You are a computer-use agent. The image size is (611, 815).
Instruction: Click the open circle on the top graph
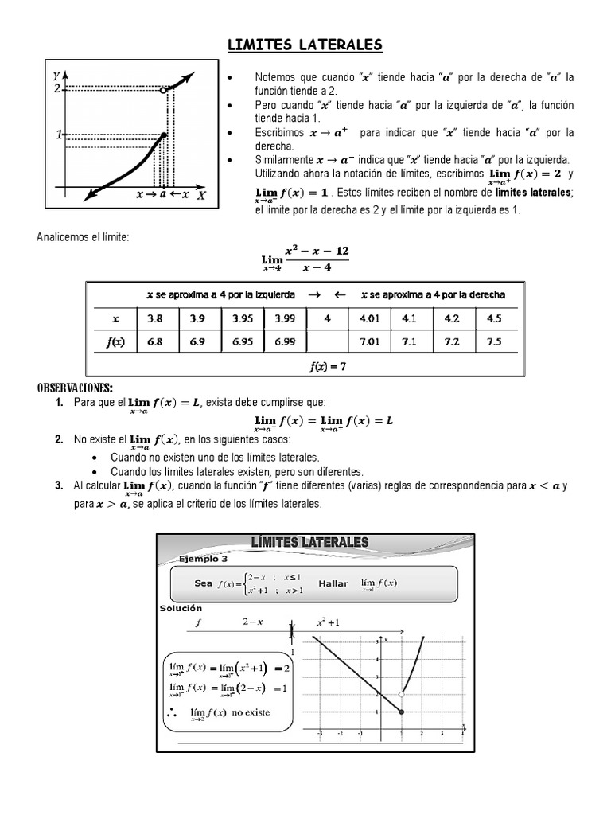163,91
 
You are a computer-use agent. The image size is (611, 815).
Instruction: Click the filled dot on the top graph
164,135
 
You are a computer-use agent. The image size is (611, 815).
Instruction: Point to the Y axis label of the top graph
56,76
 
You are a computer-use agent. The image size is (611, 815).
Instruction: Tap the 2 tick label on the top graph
56,88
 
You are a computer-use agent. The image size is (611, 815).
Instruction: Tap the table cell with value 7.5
495,341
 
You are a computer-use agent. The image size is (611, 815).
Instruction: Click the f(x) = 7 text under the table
327,366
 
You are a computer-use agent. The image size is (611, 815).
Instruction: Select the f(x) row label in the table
116,341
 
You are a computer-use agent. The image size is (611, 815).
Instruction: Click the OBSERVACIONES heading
75,388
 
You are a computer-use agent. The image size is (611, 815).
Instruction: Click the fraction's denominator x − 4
317,267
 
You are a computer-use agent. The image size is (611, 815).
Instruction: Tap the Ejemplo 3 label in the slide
202,559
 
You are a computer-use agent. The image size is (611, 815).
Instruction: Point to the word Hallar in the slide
333,583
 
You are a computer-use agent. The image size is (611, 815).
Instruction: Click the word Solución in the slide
182,608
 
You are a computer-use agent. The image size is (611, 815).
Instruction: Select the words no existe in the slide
253,715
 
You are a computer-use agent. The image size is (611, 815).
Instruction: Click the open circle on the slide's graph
401,694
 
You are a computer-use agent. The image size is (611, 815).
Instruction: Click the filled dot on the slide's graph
401,711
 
